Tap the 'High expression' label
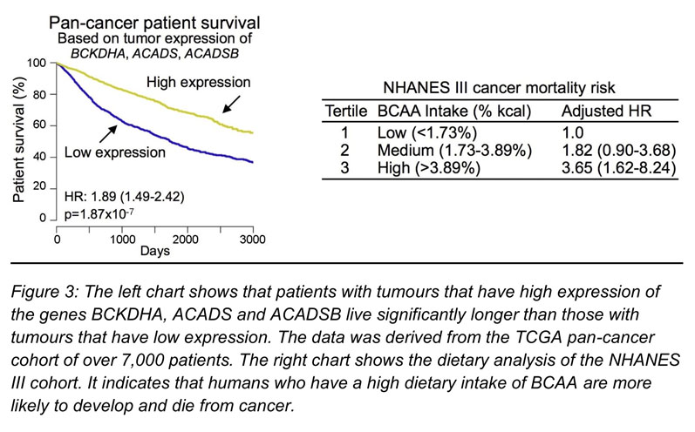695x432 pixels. point(198,82)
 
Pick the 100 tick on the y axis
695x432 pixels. point(36,63)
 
